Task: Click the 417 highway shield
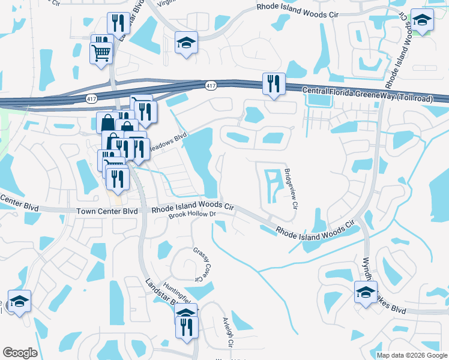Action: tap(210, 86)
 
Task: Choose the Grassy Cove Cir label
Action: tap(200, 263)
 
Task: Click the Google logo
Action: tap(20, 353)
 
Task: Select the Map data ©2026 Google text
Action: tap(412, 355)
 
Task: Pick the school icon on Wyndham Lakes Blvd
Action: tap(365, 292)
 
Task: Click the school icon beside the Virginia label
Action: tap(186, 41)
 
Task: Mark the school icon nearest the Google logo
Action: tap(19, 301)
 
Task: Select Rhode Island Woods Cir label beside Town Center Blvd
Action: tap(192, 208)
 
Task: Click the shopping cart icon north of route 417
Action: tap(101, 52)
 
